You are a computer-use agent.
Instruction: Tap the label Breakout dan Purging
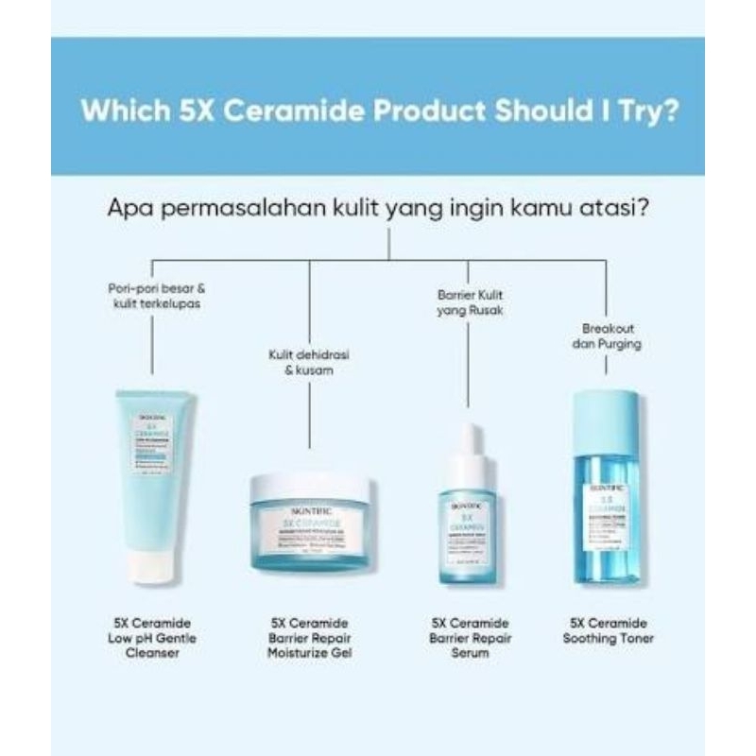point(606,336)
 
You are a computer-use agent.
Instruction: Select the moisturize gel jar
point(310,524)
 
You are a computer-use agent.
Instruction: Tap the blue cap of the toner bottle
point(605,413)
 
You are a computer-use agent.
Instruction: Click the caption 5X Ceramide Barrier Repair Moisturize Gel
point(310,638)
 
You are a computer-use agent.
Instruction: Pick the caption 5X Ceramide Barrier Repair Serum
point(470,638)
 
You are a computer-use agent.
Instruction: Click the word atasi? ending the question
point(618,206)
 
